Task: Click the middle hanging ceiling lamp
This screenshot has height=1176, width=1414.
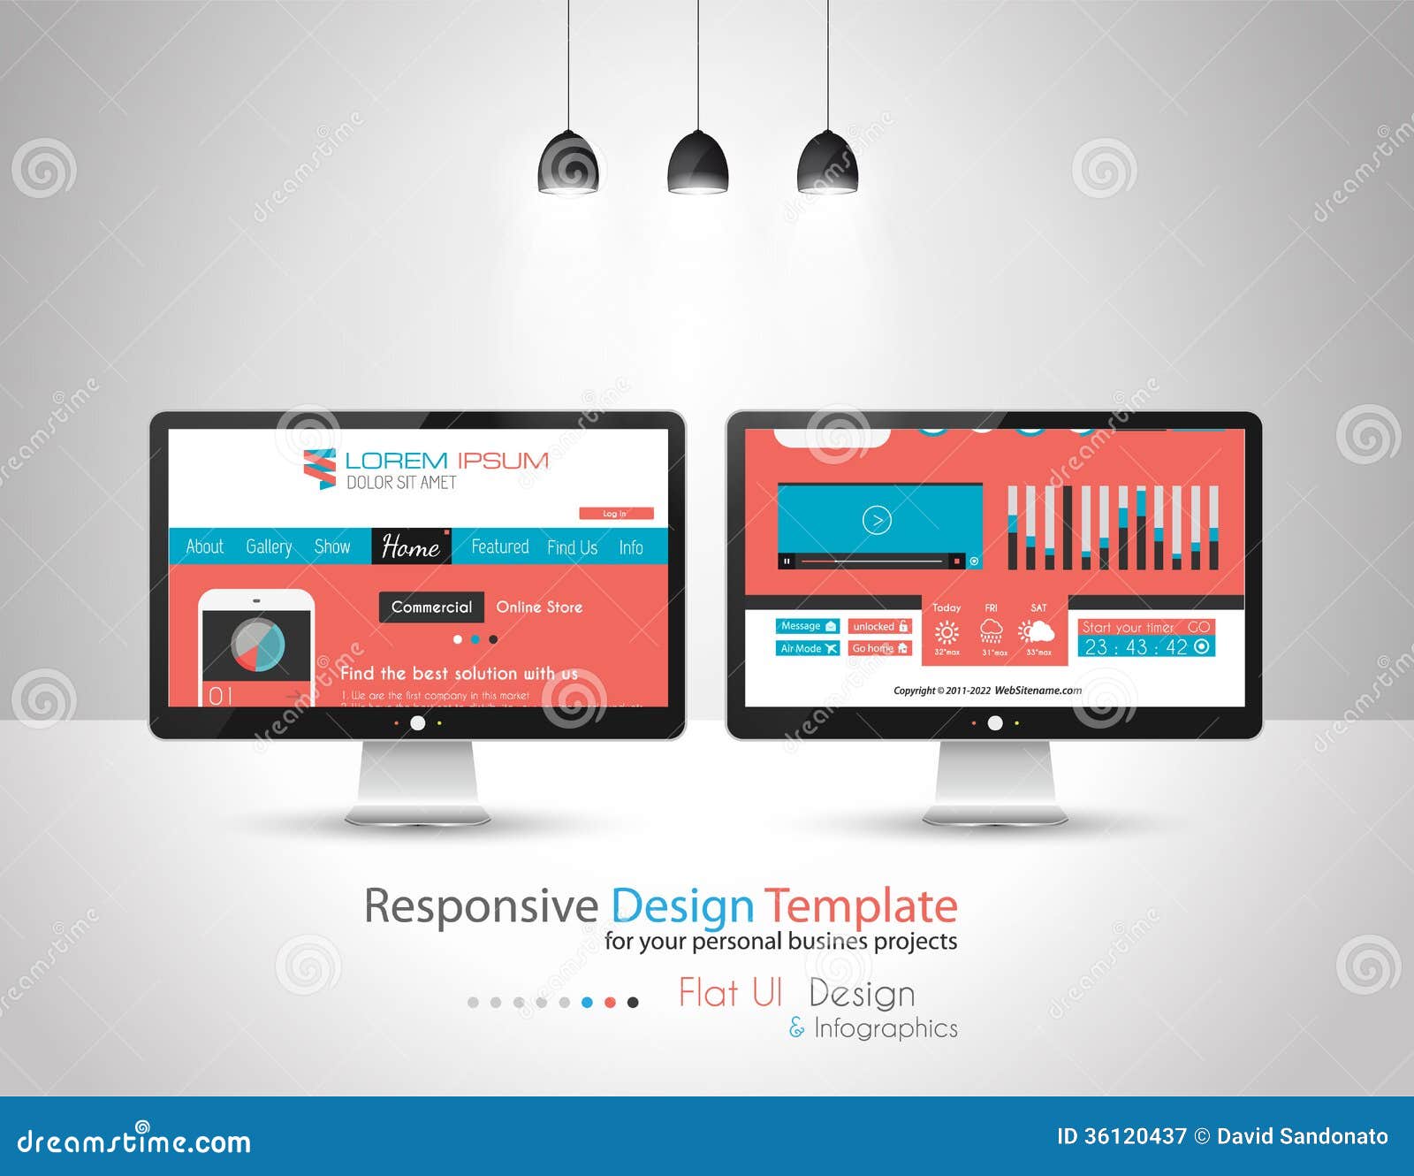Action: (x=697, y=163)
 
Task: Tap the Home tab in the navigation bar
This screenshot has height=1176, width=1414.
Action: (x=411, y=546)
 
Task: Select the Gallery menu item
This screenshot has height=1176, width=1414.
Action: (x=269, y=546)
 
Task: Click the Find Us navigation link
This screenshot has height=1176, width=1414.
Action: (x=572, y=547)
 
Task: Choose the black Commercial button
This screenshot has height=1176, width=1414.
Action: (x=431, y=607)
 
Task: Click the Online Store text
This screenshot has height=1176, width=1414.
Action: (x=539, y=607)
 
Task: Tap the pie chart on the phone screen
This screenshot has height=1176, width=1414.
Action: (x=257, y=645)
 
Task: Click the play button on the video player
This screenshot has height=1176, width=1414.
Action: (x=877, y=520)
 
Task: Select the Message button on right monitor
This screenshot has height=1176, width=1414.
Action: (x=807, y=626)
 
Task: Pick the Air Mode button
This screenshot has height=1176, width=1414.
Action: (x=807, y=648)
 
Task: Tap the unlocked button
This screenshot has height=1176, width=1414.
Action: (x=879, y=626)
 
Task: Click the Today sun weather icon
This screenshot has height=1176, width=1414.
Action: (x=946, y=632)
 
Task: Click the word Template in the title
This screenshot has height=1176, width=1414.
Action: (x=861, y=906)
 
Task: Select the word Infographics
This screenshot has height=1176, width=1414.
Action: (x=886, y=1027)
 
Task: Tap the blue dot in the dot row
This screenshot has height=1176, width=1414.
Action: (x=587, y=1002)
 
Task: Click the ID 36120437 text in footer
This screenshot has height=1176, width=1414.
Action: (x=1121, y=1136)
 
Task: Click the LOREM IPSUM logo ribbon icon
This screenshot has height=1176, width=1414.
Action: (x=319, y=469)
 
